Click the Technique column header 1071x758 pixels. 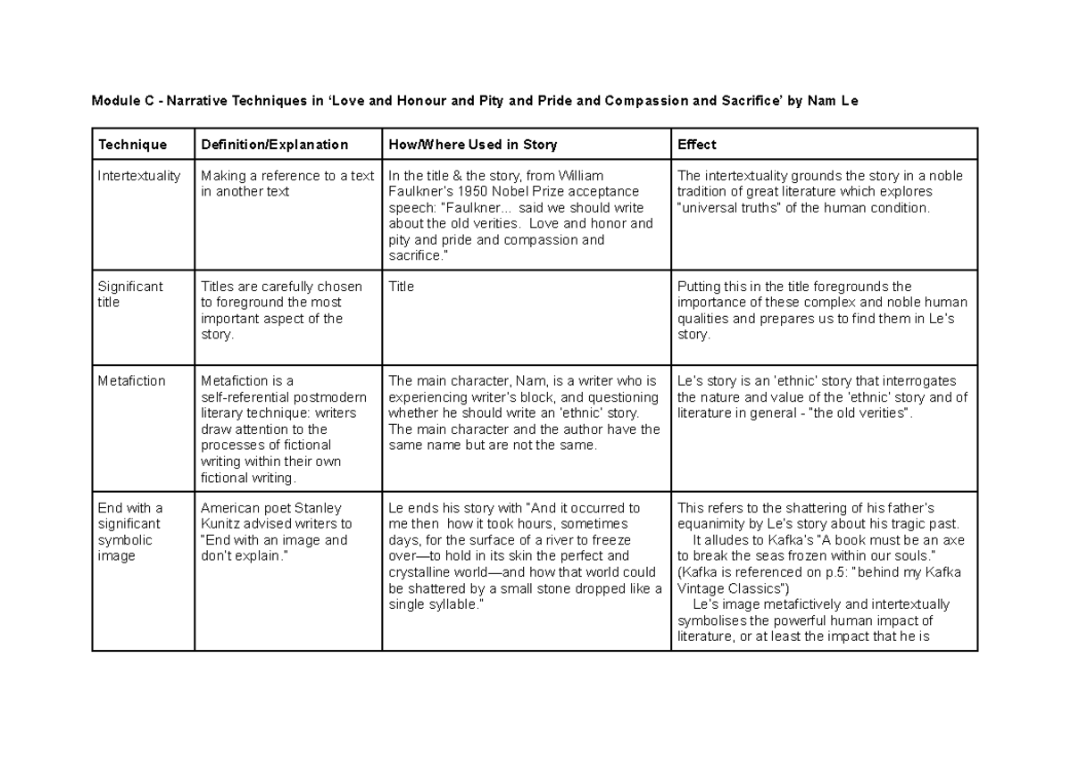pyautogui.click(x=132, y=144)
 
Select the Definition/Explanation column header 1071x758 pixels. pyautogui.click(x=274, y=144)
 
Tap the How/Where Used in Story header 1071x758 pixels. pyautogui.click(x=472, y=144)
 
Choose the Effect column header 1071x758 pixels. pyautogui.click(x=696, y=144)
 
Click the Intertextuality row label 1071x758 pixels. pyautogui.click(x=139, y=176)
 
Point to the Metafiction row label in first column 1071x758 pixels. pyautogui.click(x=131, y=381)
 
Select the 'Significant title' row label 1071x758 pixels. pyautogui.click(x=130, y=295)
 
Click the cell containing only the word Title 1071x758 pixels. pyautogui.click(x=402, y=287)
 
